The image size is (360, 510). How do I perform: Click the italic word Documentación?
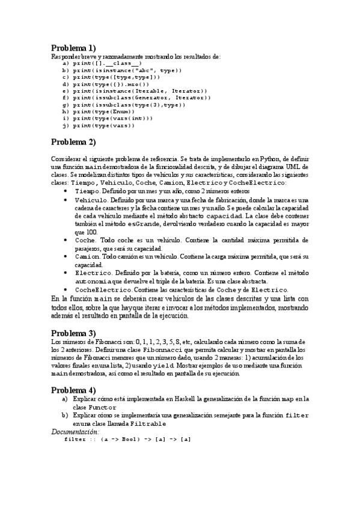(75, 431)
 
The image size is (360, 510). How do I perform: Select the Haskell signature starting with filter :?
(127, 439)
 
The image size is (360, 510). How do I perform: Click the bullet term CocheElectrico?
(103, 289)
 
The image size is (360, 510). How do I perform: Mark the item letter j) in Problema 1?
(66, 126)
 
